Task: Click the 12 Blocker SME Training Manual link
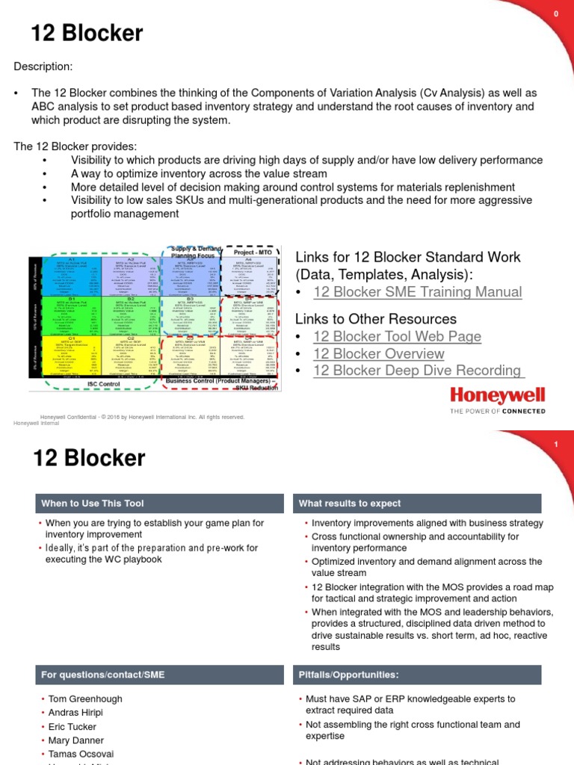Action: point(417,292)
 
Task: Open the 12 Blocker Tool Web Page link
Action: point(397,337)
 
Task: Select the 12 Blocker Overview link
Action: point(378,353)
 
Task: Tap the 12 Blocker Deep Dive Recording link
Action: point(417,371)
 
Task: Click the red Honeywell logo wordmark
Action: point(496,395)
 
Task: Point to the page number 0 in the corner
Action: point(556,14)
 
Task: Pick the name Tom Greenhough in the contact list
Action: point(85,699)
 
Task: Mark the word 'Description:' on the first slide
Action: point(43,67)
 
